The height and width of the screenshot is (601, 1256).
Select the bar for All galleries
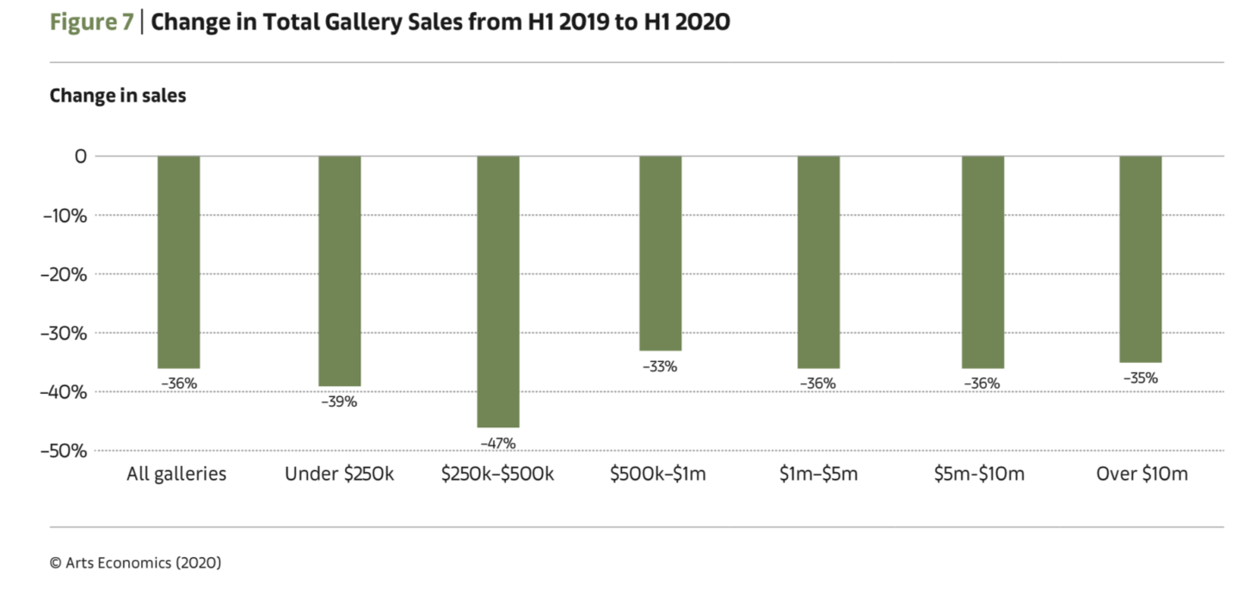tap(179, 261)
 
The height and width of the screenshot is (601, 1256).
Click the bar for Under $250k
tap(340, 271)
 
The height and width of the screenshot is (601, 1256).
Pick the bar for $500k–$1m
tap(660, 253)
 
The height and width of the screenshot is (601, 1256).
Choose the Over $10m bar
tap(1141, 259)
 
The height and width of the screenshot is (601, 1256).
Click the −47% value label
tap(499, 444)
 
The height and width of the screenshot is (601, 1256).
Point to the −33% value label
tap(660, 366)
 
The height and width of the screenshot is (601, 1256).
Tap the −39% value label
tap(340, 402)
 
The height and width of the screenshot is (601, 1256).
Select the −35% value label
tap(1141, 377)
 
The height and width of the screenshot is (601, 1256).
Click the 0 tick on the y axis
tap(81, 156)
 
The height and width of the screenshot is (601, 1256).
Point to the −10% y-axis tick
tap(65, 215)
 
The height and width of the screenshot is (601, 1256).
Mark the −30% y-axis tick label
tap(65, 333)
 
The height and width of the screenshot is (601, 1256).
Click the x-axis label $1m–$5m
tap(818, 474)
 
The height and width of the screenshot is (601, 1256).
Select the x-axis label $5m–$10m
tap(979, 474)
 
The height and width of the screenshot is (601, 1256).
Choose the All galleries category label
tap(176, 474)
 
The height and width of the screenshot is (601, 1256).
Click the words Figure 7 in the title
tap(90, 22)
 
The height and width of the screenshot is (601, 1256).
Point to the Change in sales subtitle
tap(118, 95)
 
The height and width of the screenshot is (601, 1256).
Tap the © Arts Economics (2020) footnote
tap(136, 562)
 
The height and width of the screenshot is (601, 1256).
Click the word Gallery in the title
tap(358, 22)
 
